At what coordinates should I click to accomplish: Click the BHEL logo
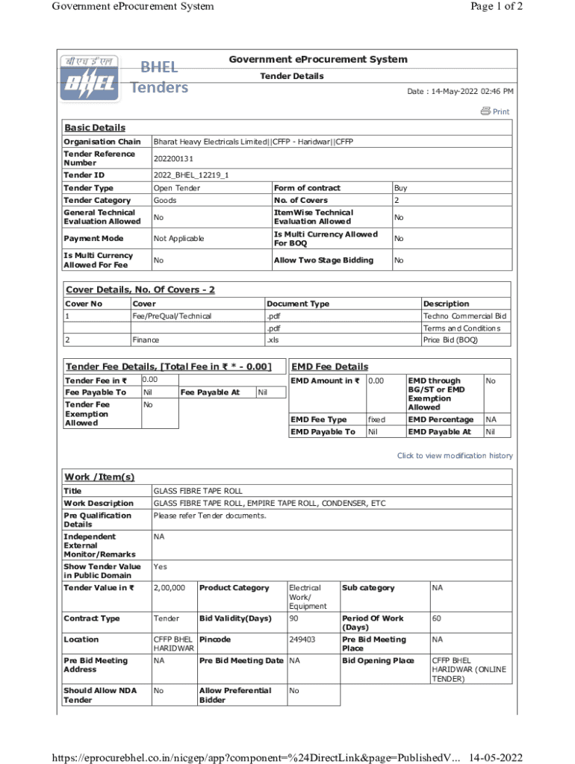88,78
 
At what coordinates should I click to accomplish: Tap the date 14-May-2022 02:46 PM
460,91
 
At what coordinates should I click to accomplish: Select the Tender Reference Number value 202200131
173,158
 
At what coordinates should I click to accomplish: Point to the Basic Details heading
95,128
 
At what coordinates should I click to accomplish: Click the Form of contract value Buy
401,188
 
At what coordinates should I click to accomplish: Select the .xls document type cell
273,340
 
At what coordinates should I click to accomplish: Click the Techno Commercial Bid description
464,316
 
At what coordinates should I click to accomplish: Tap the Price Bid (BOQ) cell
450,340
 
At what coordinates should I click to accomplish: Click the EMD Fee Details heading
329,366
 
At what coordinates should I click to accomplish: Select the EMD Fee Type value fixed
377,419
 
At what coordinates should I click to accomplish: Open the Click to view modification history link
455,456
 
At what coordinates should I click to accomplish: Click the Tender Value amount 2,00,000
170,588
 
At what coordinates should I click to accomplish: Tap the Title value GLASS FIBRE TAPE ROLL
198,491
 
